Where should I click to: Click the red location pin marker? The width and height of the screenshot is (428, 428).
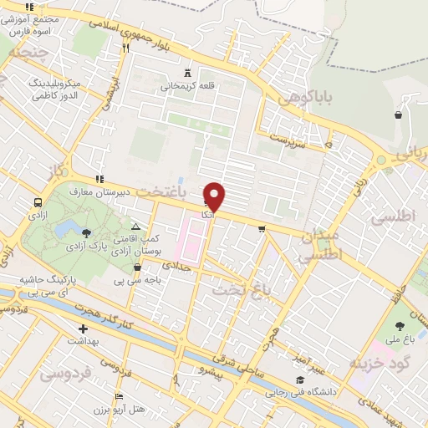click(215, 196)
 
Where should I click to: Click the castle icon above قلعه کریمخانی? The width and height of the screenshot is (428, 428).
click(186, 72)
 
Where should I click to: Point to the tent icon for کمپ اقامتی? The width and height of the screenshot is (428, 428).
click(136, 227)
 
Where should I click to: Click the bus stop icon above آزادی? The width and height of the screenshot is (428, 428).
click(38, 203)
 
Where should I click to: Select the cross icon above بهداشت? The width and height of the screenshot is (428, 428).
click(83, 329)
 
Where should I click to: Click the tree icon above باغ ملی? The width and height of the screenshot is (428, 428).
click(401, 326)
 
